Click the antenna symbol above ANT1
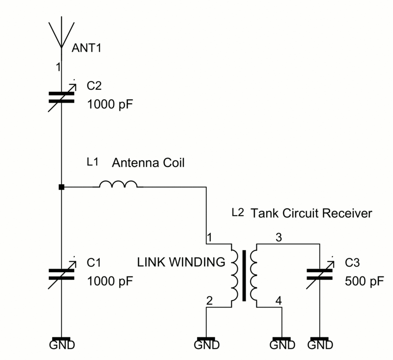coord(61,34)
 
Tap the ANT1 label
coord(89,48)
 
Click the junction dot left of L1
coord(61,187)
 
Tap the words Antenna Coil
coord(149,163)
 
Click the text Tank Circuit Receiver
coord(311,214)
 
